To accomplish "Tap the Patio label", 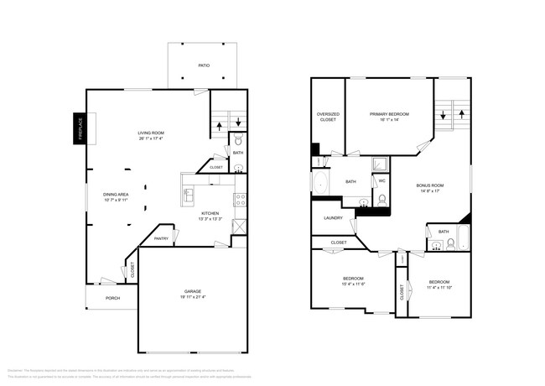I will [203, 65].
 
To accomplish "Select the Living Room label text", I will [151, 133].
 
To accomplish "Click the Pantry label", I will [161, 238].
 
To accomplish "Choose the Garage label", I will [193, 292].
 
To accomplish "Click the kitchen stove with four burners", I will [241, 200].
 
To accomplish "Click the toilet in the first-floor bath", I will [238, 140].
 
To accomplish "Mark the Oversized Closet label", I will [327, 117].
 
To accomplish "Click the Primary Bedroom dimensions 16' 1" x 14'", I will [389, 119].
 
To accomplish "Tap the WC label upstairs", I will [381, 181].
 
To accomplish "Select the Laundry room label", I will [333, 217].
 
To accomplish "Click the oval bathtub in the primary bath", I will [321, 182].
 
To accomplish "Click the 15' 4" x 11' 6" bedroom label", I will [352, 282].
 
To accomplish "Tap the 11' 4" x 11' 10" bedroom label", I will [439, 285].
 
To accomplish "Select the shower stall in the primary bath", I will [380, 164].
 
